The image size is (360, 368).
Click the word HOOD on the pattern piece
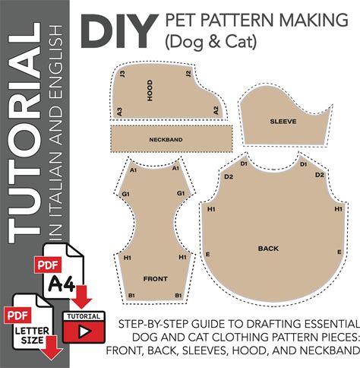[150, 90]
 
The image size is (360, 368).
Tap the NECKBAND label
[166, 140]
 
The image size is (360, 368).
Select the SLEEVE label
[283, 122]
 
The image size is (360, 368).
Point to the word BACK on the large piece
[268, 249]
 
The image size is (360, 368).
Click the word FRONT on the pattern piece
[156, 279]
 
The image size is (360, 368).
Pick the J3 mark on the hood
[122, 74]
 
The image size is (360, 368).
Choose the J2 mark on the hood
[188, 74]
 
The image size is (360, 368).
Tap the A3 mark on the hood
[119, 112]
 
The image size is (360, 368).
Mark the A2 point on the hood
[216, 110]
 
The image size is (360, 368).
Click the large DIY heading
[118, 30]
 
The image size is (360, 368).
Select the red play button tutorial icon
[84, 328]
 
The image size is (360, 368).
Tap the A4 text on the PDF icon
[62, 284]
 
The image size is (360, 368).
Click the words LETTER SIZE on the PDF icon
[32, 335]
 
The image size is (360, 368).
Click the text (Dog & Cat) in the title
[211, 42]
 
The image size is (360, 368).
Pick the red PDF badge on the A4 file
[48, 265]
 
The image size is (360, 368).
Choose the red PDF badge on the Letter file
[17, 316]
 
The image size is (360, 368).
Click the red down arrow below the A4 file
[81, 297]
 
